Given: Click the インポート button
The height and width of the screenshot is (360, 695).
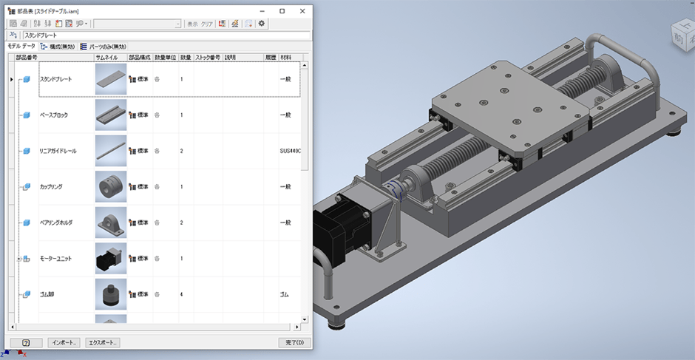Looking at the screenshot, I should (x=63, y=342).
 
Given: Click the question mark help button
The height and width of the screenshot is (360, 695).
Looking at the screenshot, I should (x=26, y=342).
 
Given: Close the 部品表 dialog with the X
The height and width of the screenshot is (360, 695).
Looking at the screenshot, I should (x=302, y=11).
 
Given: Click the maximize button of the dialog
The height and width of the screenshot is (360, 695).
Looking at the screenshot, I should (x=282, y=11).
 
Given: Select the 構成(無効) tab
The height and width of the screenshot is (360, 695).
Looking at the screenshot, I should (x=57, y=46).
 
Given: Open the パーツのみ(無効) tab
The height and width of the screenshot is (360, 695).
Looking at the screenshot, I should (x=104, y=46).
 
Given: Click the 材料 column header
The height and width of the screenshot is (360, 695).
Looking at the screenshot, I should (x=285, y=57).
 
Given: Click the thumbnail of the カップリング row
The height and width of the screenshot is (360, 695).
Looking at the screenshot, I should (x=111, y=187).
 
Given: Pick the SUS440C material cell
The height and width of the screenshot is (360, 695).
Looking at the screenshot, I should (x=290, y=151).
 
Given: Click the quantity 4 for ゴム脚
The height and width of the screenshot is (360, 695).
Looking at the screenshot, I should (x=182, y=294).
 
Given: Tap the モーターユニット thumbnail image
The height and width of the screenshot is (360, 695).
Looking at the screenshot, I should (x=111, y=259).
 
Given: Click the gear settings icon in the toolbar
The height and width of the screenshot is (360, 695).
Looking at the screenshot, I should (x=262, y=24).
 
